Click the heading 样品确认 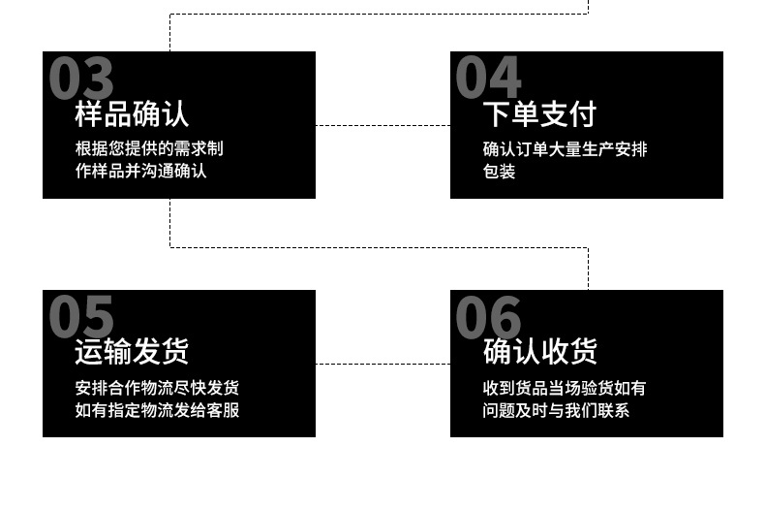(132, 114)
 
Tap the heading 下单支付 (539, 114)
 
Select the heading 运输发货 (132, 352)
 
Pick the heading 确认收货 (539, 352)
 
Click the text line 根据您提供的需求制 (149, 149)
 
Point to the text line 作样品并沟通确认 (141, 172)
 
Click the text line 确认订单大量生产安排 (565, 149)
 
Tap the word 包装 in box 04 (499, 172)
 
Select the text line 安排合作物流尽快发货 (157, 388)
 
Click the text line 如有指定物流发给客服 (157, 410)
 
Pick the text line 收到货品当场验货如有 (564, 388)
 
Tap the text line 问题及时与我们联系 (556, 410)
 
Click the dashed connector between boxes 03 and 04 (382, 125)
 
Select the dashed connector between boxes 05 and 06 (382, 364)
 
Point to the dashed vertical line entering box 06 (588, 270)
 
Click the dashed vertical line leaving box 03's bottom (170, 223)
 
